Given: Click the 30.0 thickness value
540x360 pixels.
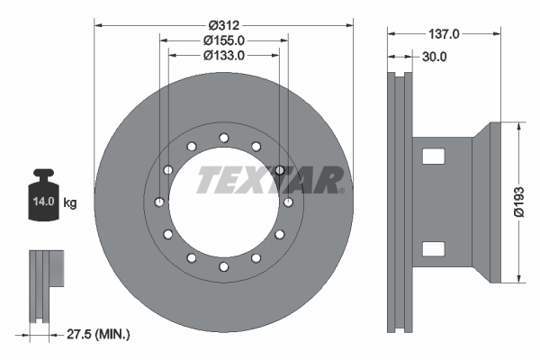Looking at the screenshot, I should [x=434, y=56].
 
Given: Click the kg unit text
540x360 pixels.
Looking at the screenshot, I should [x=70, y=203].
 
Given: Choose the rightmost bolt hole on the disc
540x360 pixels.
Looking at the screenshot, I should [x=288, y=202].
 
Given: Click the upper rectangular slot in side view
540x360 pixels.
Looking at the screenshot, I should [x=434, y=157].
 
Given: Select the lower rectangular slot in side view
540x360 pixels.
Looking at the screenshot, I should [x=434, y=248].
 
